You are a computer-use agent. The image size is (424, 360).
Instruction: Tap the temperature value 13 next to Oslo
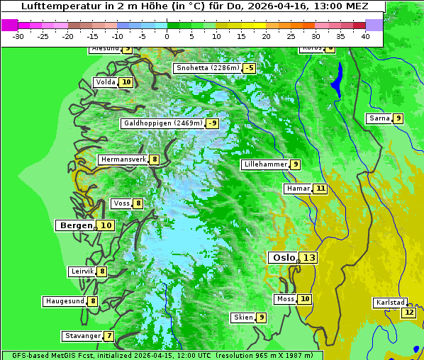308,258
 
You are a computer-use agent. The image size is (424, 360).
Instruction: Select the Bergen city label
76,225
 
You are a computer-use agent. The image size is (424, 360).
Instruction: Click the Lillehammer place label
265,164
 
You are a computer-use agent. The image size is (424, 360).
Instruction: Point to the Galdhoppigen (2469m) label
163,123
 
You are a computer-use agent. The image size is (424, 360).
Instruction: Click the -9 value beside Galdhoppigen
212,123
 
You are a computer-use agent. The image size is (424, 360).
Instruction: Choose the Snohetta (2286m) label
207,68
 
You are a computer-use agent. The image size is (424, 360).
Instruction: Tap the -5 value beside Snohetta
249,68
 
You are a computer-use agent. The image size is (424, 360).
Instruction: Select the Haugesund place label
65,301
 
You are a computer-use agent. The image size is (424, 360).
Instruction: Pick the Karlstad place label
391,303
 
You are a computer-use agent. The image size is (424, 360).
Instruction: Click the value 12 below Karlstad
408,313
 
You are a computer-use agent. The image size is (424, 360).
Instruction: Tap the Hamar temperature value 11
320,189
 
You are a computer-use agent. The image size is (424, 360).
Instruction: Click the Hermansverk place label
123,159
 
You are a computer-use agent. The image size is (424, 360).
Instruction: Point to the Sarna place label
379,118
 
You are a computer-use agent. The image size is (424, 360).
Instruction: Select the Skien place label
243,317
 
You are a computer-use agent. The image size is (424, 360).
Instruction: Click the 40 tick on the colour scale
365,36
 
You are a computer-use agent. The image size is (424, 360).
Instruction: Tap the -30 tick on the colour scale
18,36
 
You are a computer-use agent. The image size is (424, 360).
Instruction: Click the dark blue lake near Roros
337,79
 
